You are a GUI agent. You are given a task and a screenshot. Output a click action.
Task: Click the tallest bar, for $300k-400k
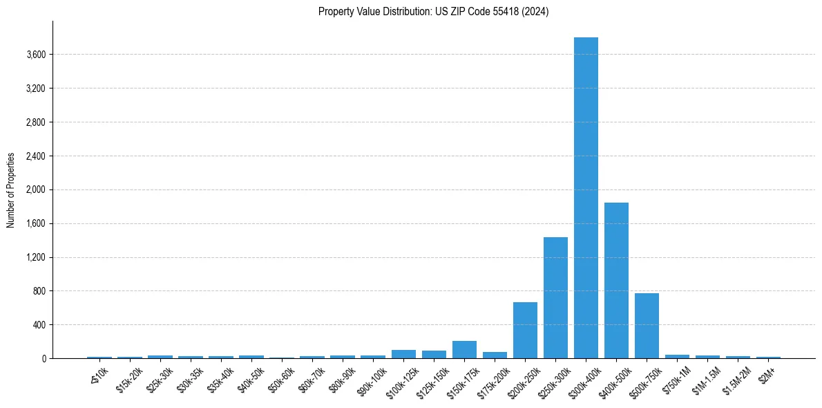pyautogui.click(x=586, y=198)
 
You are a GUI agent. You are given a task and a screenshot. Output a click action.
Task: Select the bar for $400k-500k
pyautogui.click(x=616, y=280)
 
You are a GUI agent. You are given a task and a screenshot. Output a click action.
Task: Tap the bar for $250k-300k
pyautogui.click(x=555, y=297)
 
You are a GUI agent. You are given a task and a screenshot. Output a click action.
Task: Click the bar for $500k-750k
pyautogui.click(x=647, y=326)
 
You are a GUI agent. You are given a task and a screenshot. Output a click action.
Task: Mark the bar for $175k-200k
pyautogui.click(x=495, y=355)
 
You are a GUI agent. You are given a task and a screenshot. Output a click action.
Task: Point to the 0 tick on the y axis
pyautogui.click(x=43, y=359)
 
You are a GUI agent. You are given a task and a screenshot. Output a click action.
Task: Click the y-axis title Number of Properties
pyautogui.click(x=11, y=190)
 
